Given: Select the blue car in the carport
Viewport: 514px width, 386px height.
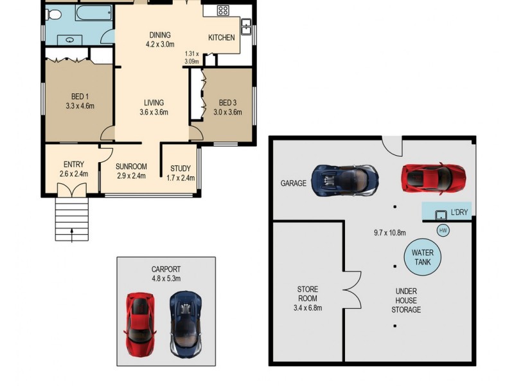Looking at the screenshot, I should pos(186,324).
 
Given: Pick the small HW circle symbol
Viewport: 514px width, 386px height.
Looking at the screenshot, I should pos(442,230).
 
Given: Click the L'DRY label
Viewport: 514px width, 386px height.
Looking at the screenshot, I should pos(459,212).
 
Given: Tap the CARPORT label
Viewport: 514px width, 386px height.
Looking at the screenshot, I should pos(166,269).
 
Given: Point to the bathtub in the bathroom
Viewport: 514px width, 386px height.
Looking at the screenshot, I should pos(94,12).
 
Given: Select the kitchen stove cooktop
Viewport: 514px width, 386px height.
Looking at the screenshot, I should pos(222,10).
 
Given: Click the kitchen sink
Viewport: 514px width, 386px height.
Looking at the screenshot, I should pos(245,27).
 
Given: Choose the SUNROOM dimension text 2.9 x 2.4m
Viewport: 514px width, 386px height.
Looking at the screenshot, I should pos(130,176).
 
